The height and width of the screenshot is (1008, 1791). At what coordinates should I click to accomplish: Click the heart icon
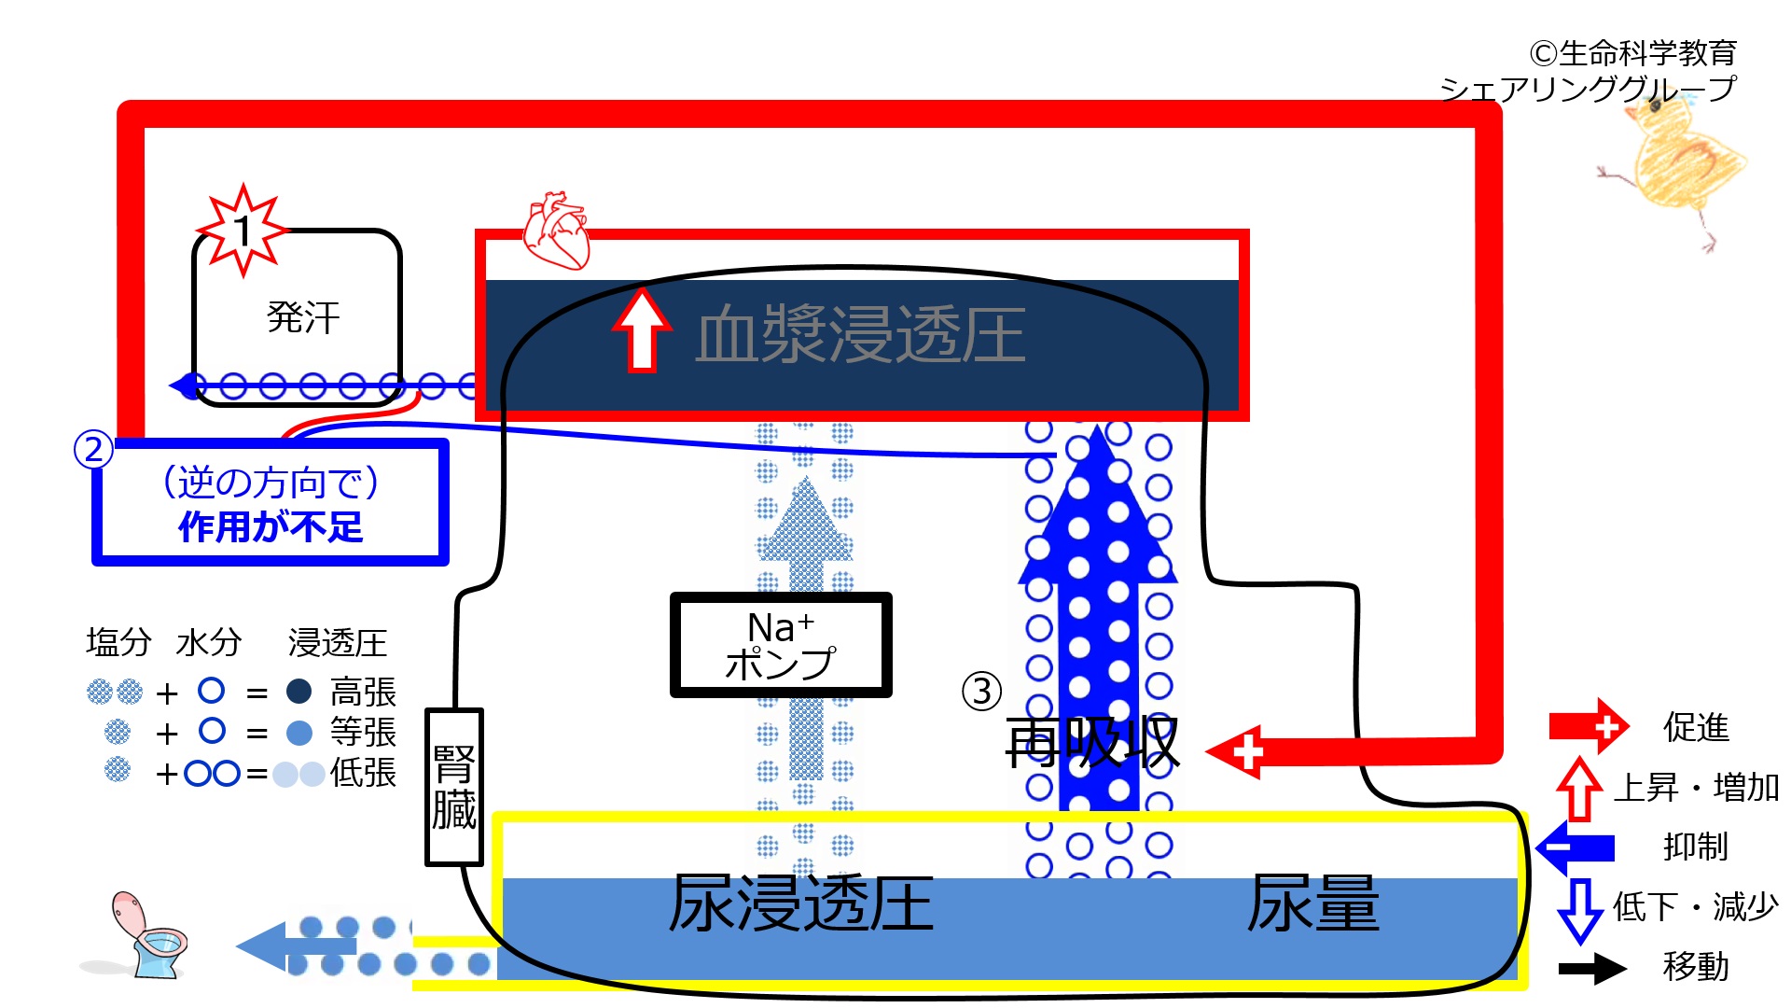tap(556, 231)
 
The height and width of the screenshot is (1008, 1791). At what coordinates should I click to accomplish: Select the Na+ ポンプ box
tap(781, 645)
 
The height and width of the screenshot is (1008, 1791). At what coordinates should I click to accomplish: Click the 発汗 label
tap(303, 318)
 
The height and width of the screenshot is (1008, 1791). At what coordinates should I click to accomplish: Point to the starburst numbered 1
tap(243, 230)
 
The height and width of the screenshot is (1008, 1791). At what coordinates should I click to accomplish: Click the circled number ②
tap(93, 450)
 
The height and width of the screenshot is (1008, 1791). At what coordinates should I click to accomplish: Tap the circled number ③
tap(981, 692)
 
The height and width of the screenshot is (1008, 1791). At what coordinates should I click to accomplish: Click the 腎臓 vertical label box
tap(454, 787)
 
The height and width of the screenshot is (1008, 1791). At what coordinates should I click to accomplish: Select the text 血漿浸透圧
tap(860, 334)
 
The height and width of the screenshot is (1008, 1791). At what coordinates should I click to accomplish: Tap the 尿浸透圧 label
tap(801, 903)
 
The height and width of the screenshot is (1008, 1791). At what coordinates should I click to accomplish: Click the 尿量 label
tap(1313, 903)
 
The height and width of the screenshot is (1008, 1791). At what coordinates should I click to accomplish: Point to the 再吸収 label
tap(1092, 744)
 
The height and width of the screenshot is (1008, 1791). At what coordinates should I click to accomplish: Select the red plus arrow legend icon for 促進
tap(1589, 726)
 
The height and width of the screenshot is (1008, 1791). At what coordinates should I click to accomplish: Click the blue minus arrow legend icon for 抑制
tap(1576, 847)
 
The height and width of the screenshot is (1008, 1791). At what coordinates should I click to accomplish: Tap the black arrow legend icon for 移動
tap(1593, 968)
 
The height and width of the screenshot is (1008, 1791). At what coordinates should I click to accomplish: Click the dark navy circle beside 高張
tap(298, 692)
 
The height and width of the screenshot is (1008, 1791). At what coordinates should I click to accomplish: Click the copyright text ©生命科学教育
tap(1632, 53)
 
